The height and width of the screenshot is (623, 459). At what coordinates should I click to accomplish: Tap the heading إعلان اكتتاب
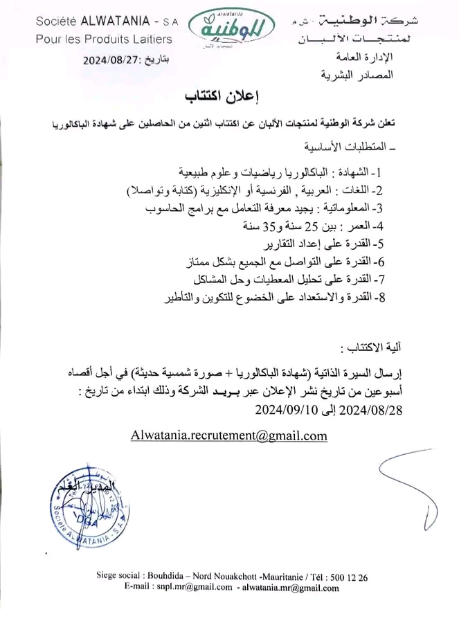pyautogui.click(x=228, y=97)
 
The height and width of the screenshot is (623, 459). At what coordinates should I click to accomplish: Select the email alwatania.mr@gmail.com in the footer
pyautogui.click(x=289, y=588)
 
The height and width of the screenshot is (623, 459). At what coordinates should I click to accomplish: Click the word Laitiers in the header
pyautogui.click(x=150, y=39)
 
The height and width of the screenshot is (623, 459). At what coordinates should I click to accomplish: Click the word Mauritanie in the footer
pyautogui.click(x=282, y=577)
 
